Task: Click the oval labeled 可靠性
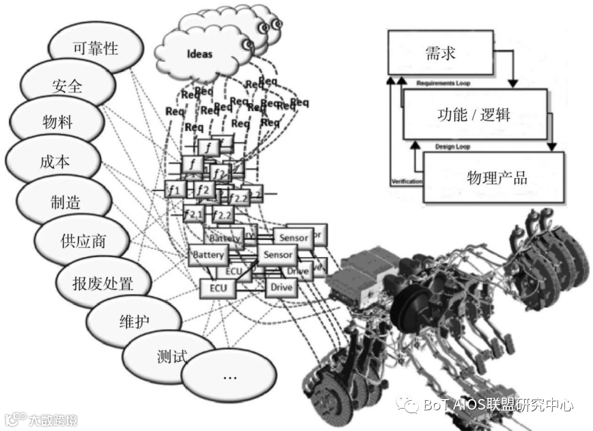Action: [95, 48]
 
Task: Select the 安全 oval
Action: [67, 85]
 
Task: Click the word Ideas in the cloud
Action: [199, 54]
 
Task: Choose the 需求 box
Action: [440, 53]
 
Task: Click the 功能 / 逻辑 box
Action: [473, 114]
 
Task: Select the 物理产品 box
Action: [496, 178]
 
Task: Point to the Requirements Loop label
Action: [443, 84]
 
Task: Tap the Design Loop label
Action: [452, 147]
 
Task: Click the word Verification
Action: [407, 182]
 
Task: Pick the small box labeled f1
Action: [174, 190]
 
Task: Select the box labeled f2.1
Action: [194, 214]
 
